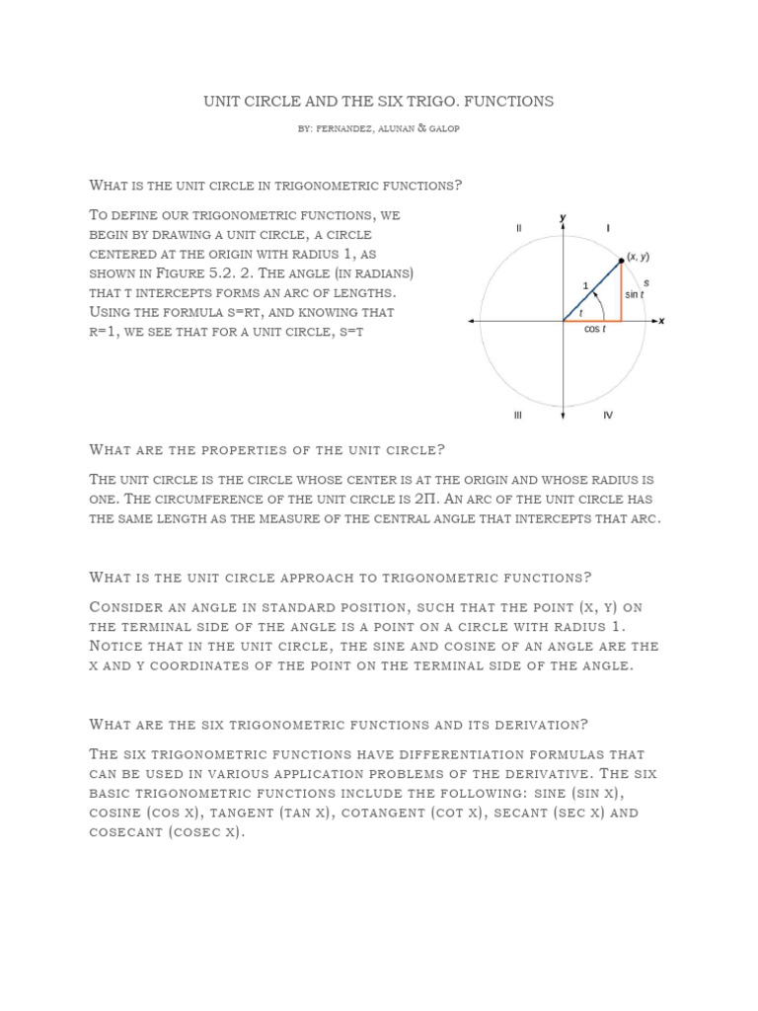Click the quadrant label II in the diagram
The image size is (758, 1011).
pos(518,228)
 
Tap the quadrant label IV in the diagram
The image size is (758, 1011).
pos(608,415)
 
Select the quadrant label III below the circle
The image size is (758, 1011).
pos(517,415)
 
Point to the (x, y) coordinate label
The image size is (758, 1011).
pos(638,257)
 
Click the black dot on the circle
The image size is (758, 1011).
pos(621,261)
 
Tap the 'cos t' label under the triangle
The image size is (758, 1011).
pos(593,330)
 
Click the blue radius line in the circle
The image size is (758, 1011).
pos(592,290)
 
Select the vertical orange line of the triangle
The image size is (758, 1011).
pos(621,291)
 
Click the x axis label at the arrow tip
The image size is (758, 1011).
pos(662,321)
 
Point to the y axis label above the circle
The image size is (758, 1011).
pos(563,216)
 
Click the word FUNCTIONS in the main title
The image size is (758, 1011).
pos(507,101)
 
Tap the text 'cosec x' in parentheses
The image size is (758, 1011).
pos(203,832)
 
